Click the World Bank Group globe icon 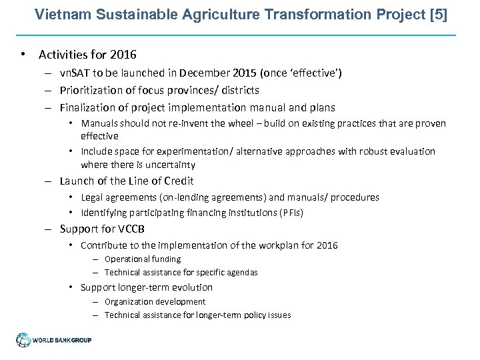coord(24,339)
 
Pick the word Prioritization coord(91,90)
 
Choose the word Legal coord(93,197)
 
